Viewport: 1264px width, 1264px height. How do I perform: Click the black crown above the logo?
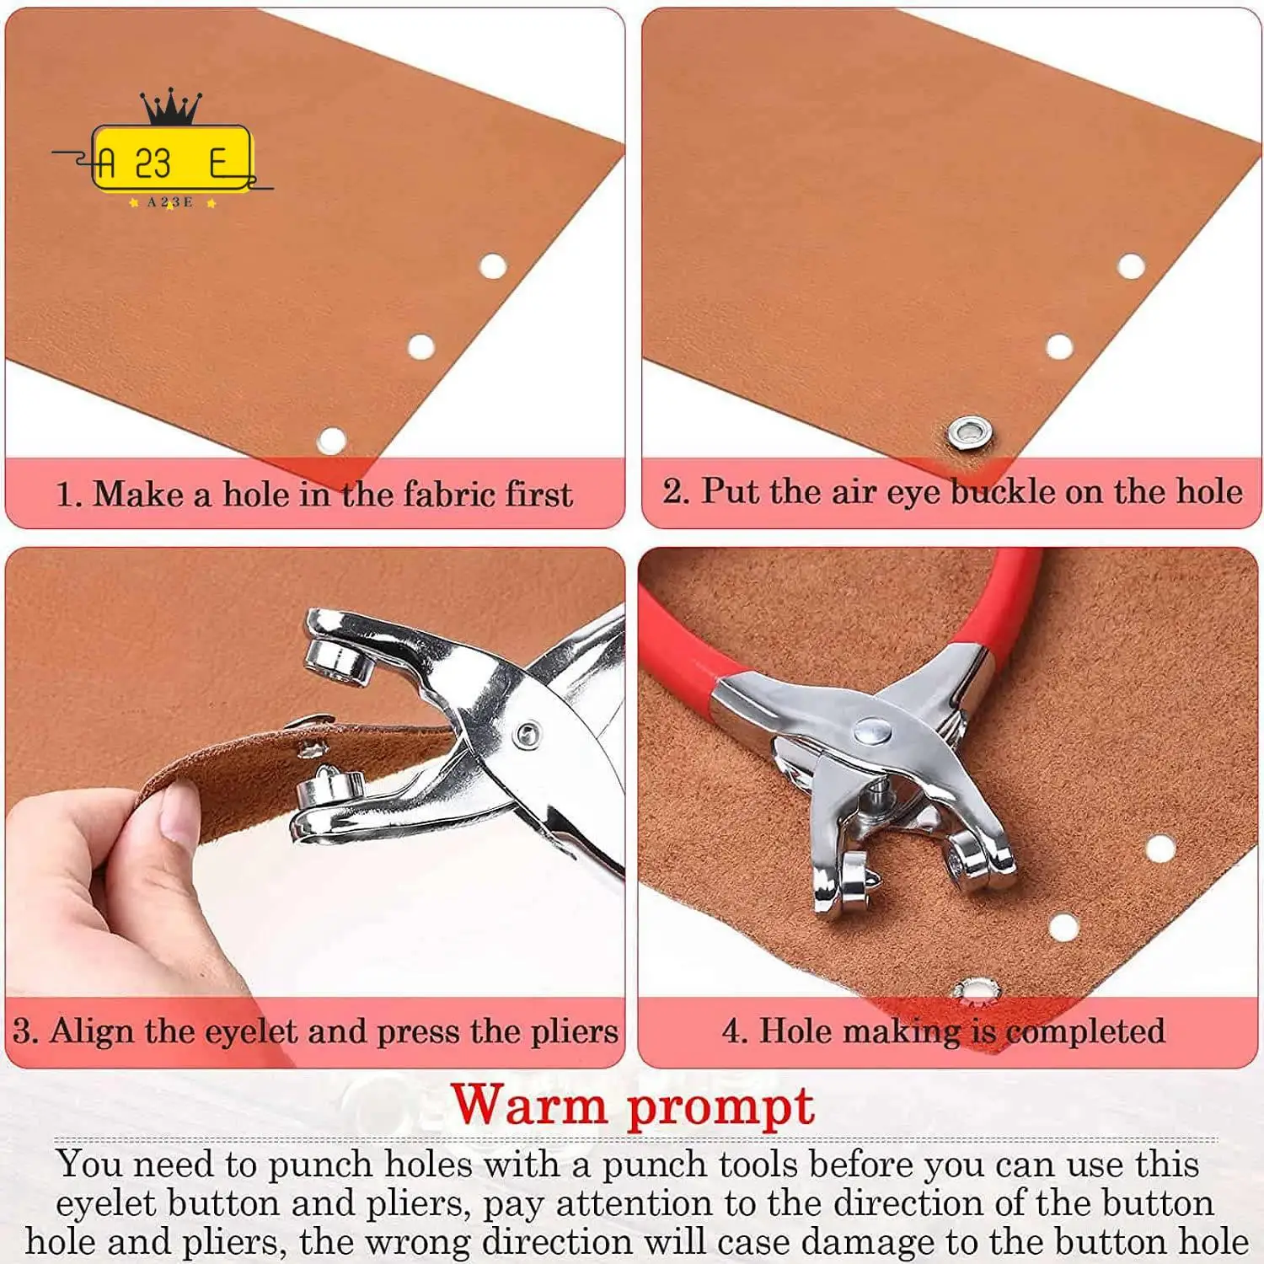172,107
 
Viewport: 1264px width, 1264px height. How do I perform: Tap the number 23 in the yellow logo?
153,163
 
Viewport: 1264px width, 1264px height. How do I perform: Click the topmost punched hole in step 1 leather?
493,267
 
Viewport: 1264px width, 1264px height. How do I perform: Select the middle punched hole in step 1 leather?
420,346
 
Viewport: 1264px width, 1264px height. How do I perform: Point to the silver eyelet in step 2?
966,433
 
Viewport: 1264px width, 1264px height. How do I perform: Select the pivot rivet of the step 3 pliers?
528,734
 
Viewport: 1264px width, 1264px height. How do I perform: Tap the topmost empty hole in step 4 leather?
1160,848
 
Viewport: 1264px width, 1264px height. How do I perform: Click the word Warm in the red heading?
528,1105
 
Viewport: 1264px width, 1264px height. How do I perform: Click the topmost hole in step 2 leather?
1131,267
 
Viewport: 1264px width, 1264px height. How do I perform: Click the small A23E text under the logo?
170,202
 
